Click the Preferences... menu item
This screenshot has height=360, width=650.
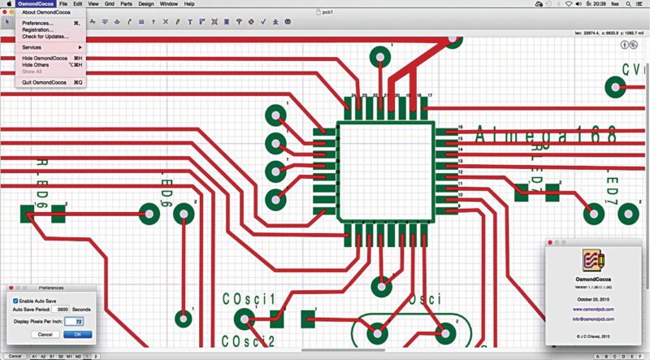[x=38, y=24]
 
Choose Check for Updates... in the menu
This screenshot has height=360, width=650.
[x=45, y=37]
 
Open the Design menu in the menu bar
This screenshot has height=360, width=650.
[x=145, y=4]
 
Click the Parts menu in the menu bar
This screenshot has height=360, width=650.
[x=125, y=4]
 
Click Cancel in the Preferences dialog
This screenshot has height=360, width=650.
[x=45, y=334]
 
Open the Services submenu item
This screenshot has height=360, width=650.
[x=32, y=48]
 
